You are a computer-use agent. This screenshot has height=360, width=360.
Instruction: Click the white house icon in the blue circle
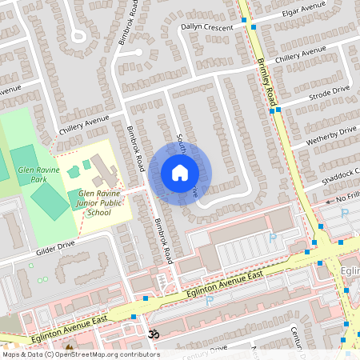180,173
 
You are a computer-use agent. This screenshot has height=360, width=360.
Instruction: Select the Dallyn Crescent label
207,26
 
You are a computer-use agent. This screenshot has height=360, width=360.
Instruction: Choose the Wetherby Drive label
330,136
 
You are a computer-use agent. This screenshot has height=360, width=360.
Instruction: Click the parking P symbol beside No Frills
345,214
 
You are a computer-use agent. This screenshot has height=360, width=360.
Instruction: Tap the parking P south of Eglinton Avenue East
210,301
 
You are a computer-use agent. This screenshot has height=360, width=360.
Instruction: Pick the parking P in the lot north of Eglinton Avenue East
272,238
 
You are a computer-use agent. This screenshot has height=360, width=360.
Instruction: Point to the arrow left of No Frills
329,202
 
